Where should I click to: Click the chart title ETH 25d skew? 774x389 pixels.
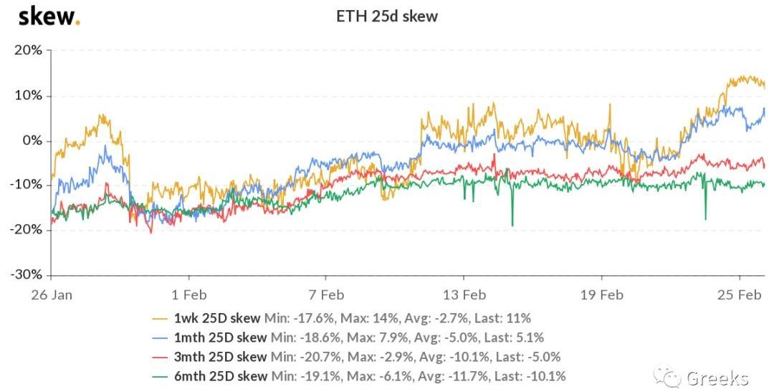pyautogui.click(x=387, y=16)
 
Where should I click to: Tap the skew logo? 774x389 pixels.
pyautogui.click(x=48, y=16)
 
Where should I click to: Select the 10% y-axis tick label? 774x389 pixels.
pyautogui.click(x=29, y=95)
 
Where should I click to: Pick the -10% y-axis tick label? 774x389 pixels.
pyautogui.click(x=27, y=185)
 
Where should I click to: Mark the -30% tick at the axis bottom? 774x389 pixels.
pyautogui.click(x=27, y=274)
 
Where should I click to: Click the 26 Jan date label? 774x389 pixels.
pyautogui.click(x=52, y=294)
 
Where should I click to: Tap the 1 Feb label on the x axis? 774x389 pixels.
pyautogui.click(x=188, y=294)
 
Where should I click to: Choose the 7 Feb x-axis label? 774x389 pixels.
pyautogui.click(x=326, y=294)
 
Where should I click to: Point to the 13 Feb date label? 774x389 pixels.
pyautogui.click(x=464, y=294)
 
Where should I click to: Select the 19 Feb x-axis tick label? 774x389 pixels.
pyautogui.click(x=601, y=294)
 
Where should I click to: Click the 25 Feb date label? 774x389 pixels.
pyautogui.click(x=739, y=294)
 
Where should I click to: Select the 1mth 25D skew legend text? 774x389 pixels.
pyautogui.click(x=219, y=337)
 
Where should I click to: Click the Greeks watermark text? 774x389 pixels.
pyautogui.click(x=717, y=378)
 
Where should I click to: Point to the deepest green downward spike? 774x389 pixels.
pyautogui.click(x=512, y=225)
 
